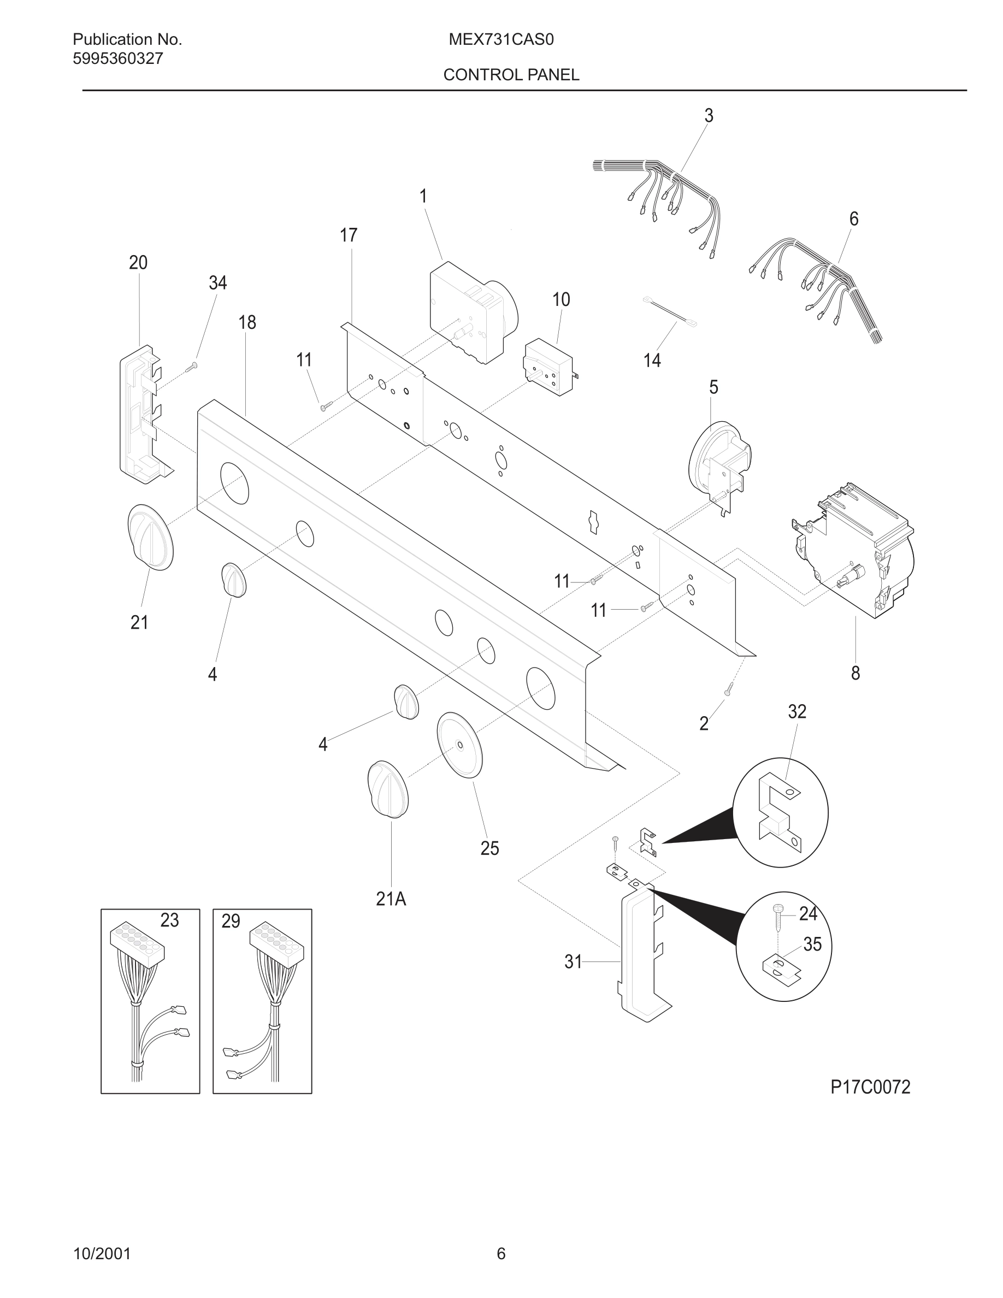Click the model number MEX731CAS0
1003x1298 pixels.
501,40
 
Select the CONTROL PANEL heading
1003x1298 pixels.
511,75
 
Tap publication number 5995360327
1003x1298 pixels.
117,59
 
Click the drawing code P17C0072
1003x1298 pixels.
870,1088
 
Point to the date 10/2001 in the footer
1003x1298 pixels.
102,1254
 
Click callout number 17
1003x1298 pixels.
348,235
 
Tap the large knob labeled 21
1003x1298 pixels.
150,537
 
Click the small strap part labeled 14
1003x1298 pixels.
670,311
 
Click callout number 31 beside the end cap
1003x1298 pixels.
573,962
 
